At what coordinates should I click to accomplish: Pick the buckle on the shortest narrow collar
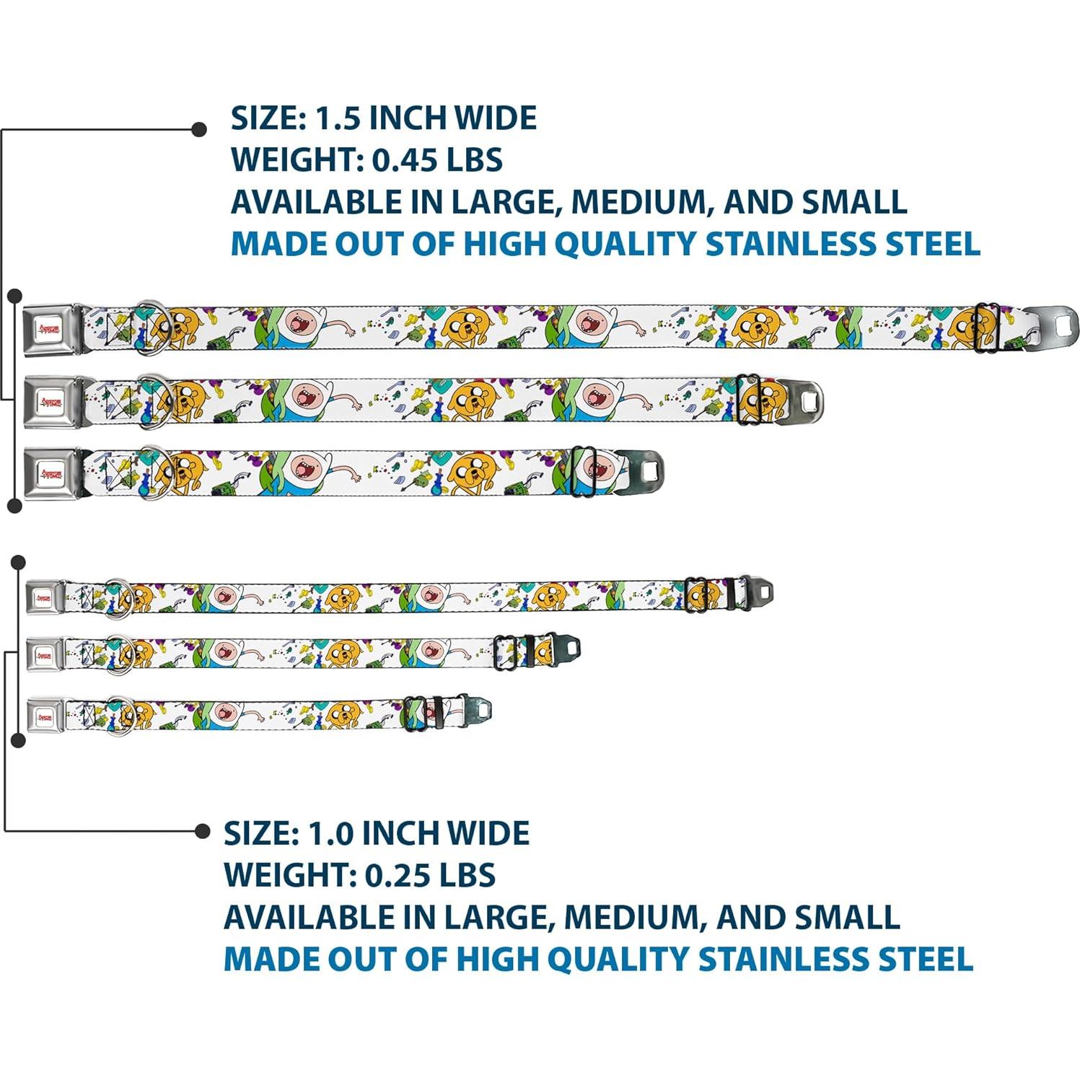pos(45,716)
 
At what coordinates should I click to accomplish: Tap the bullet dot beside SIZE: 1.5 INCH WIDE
pos(199,130)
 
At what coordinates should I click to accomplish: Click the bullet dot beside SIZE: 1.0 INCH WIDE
pos(203,831)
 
